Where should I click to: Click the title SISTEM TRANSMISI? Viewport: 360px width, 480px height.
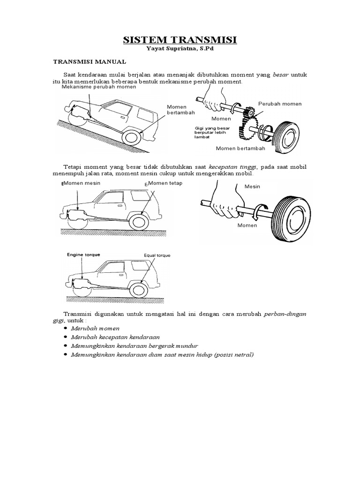coord(180,40)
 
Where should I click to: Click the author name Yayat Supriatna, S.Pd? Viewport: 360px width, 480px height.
coord(180,50)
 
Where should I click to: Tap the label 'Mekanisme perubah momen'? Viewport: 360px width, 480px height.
coord(99,87)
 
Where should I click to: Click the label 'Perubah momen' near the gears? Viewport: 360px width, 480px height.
coord(280,104)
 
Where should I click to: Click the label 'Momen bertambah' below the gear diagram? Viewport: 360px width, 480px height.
coord(240,148)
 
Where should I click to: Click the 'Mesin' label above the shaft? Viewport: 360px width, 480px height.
coord(252,187)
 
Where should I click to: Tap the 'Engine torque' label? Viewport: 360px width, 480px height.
coord(83,255)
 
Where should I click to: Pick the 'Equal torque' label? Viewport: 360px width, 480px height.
coord(157,255)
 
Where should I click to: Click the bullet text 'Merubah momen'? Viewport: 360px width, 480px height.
coord(95,329)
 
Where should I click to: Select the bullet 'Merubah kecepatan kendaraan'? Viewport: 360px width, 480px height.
coord(115,337)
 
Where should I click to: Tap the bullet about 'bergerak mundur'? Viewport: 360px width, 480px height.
coord(132,346)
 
